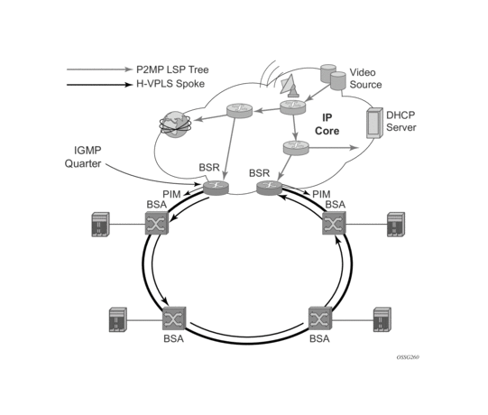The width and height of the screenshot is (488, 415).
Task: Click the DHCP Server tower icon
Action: coord(374,123)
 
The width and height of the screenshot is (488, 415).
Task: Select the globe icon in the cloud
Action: coord(175,124)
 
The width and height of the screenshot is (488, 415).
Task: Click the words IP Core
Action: coord(327,124)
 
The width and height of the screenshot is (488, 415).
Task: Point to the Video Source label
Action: coord(365,78)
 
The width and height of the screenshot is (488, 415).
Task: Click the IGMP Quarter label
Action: coord(83,157)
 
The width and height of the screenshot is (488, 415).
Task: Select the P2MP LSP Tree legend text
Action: coord(172,69)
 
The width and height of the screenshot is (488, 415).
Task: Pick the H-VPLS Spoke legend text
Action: coord(170,84)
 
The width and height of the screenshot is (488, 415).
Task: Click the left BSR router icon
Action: coord(216,188)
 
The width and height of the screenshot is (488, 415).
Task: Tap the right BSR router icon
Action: coord(269,188)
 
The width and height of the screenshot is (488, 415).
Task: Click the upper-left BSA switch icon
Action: coord(157,223)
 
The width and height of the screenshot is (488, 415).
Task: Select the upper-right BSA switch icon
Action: coord(334,223)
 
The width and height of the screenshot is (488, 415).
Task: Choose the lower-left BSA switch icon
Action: coord(174,318)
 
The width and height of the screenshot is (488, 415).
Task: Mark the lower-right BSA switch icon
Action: coord(320,318)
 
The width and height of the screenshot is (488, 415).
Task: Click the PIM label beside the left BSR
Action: coord(171,194)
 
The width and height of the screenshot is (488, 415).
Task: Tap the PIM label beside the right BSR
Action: coord(321,194)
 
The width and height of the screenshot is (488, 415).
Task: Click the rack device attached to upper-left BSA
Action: coord(100,225)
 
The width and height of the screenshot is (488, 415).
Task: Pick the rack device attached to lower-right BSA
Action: coord(382,319)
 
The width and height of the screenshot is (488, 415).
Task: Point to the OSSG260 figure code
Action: coord(408,357)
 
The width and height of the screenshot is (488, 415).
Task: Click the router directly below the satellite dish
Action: coord(292,107)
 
